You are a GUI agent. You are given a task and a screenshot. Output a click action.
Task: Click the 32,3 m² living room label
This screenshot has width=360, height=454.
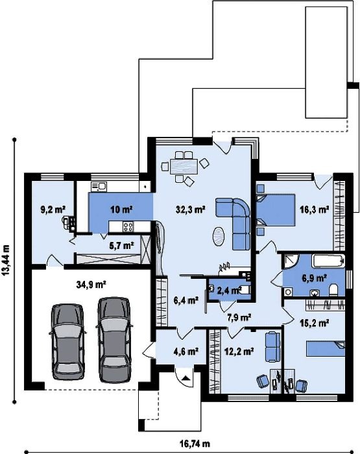coord(191,209)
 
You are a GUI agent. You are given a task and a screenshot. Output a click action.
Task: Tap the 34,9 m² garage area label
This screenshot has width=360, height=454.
coord(91,285)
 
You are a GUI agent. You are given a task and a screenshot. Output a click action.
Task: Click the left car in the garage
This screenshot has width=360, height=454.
coord(68,342)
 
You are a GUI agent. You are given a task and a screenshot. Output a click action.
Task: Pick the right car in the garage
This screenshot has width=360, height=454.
coord(114,339)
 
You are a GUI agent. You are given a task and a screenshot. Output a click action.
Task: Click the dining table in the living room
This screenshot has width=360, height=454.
coord(184,166)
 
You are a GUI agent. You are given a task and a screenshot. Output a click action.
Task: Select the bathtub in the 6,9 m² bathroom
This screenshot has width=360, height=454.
coord(328,261)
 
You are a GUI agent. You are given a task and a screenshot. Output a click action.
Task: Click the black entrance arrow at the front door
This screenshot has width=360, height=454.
coord(186,377)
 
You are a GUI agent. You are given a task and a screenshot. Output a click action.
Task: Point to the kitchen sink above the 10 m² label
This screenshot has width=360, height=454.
coord(99,186)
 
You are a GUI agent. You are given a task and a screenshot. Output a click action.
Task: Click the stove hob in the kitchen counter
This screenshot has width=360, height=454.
coord(128,226)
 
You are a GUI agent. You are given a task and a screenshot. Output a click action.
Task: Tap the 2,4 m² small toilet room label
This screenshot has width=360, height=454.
coord(230,290)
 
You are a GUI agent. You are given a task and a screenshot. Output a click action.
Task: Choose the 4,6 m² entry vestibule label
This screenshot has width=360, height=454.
coord(186,352)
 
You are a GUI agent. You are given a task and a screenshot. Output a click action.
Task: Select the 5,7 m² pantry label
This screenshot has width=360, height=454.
coord(122,246)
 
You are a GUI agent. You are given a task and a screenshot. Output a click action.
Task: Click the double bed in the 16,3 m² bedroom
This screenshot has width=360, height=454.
coord(276,210)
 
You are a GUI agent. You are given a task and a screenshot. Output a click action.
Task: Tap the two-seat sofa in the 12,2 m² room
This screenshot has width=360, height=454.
coord(273,346)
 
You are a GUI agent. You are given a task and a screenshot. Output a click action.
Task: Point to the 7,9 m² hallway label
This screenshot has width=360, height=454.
coord(239,317)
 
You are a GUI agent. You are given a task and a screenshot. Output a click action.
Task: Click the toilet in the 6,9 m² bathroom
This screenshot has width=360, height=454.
coord(333,289)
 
